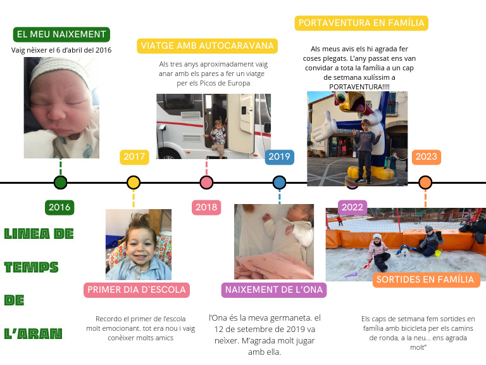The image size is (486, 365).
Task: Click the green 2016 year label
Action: (60, 207)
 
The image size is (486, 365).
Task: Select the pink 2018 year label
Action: (206, 207)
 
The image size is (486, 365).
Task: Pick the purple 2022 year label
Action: (352, 207)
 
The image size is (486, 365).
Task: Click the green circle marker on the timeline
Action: (61, 182)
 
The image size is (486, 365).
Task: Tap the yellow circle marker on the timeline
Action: (134, 182)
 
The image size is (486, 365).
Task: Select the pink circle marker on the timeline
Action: (206, 182)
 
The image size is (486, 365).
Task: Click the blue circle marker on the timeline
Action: (280, 182)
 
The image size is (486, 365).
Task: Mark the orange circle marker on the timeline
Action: (425, 182)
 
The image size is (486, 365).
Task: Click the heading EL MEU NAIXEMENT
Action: (61, 34)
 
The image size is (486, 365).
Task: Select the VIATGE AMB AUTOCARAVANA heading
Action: (208, 46)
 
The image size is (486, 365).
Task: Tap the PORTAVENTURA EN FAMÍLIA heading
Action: (361, 23)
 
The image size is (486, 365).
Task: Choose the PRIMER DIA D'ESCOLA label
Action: (137, 290)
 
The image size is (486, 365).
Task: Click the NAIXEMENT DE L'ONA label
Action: (274, 290)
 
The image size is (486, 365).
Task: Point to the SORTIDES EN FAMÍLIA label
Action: (425, 279)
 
